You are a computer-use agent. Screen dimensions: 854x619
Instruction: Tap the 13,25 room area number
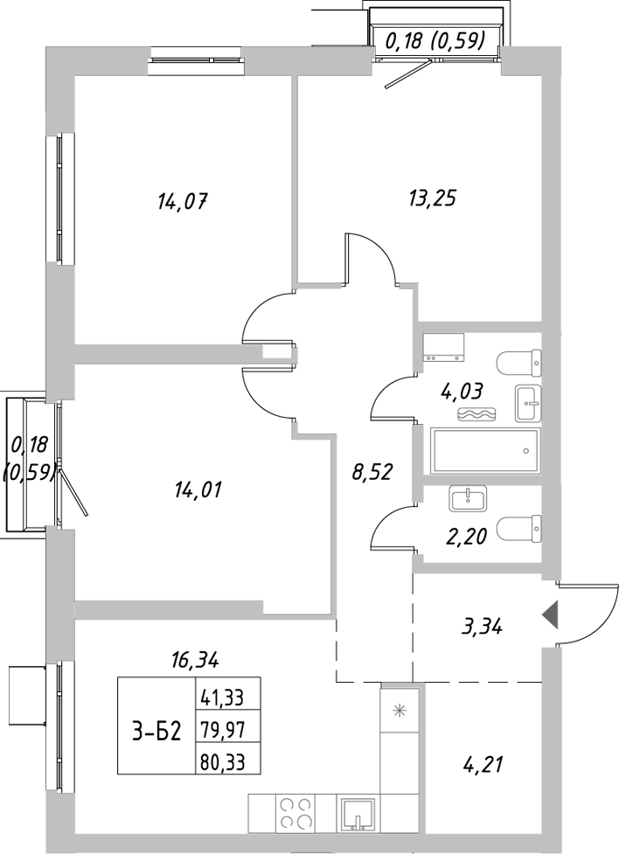tap(432, 198)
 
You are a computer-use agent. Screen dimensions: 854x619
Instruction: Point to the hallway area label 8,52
tap(370, 473)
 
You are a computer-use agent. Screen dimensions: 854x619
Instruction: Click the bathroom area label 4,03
tap(463, 391)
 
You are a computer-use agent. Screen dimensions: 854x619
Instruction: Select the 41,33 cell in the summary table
tap(223, 698)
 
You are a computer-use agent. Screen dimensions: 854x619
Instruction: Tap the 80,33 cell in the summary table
tap(223, 762)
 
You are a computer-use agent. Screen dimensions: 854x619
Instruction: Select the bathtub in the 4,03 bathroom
tap(484, 450)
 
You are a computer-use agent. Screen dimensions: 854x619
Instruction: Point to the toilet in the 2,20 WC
tap(517, 529)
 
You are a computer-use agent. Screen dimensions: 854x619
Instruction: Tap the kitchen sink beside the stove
tap(358, 814)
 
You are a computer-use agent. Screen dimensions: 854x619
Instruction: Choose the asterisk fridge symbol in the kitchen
tap(400, 710)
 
